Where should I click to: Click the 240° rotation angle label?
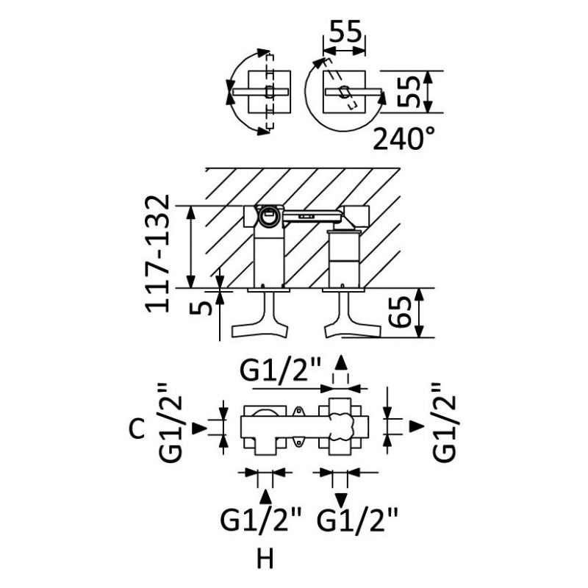coord(403,137)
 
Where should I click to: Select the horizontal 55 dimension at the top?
coord(345,32)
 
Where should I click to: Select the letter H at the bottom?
coord(265,560)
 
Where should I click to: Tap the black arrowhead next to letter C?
coord(198,428)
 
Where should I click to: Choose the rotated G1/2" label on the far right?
coord(448,422)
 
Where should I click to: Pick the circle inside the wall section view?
coord(269,215)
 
